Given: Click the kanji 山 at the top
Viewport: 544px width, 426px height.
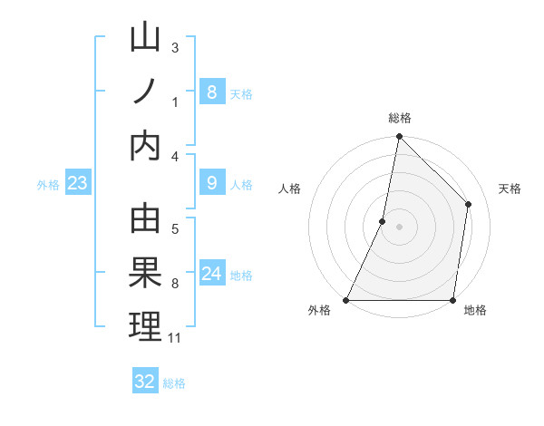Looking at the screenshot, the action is coord(145,40).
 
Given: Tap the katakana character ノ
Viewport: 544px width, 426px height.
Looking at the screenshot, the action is coord(145,92).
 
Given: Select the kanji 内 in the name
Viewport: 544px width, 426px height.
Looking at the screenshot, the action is coord(145,145).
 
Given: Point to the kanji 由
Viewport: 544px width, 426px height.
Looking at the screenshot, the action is coord(145,220).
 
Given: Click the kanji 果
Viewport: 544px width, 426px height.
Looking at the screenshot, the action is coord(145,273).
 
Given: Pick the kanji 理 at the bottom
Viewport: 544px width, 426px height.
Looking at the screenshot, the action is coord(145,325).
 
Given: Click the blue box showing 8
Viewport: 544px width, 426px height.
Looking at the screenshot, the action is coord(211,92).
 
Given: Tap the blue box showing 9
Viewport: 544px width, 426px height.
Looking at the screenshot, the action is coord(211,183).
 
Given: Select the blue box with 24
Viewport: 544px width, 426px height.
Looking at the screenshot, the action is coord(211,274).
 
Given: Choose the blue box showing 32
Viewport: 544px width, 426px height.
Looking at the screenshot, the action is coord(145,382).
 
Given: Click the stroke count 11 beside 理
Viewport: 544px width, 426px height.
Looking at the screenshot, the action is coord(175,338).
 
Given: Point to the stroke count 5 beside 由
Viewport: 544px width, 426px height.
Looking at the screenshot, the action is coord(175,228).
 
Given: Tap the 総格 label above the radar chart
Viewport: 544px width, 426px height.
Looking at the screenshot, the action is coord(400,118).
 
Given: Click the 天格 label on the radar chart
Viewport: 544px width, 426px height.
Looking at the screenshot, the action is coord(510,189).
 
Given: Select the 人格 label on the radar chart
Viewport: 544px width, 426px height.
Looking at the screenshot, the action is coord(289,189).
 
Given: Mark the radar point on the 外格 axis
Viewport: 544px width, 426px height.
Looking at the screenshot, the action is coord(346,300).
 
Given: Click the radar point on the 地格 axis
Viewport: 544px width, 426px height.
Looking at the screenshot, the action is coord(452,300).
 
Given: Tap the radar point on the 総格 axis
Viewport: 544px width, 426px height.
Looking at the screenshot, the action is coord(400,138).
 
